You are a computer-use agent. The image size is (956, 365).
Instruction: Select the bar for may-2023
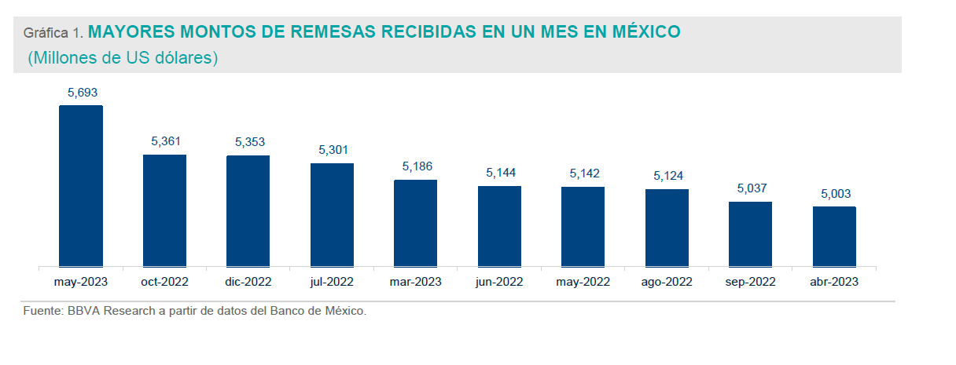coord(81,186)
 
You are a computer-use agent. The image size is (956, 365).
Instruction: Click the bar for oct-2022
coord(164,210)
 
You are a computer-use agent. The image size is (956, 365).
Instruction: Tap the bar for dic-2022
coord(248,211)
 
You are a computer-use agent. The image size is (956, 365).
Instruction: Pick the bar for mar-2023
coord(415,223)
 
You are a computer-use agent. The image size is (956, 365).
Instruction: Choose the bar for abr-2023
coord(834,236)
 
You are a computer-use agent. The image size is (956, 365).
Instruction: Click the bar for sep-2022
coord(750,234)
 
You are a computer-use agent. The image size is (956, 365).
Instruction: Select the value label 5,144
coord(501,173)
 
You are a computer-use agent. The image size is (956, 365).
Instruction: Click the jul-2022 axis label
coord(332,282)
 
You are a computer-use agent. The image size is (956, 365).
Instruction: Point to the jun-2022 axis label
coord(499,282)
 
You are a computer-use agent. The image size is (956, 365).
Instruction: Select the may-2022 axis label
coord(583,282)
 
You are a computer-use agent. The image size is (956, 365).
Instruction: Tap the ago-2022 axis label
coord(667,282)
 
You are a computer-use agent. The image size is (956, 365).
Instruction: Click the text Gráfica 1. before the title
coord(53,34)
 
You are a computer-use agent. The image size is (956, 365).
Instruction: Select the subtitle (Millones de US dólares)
coord(123,58)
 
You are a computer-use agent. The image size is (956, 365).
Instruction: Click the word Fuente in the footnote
coord(42,312)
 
